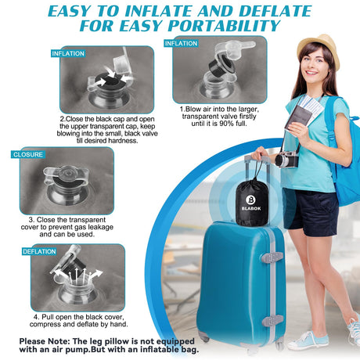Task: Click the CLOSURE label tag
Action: (x=28, y=154)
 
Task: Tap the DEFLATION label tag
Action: (x=39, y=251)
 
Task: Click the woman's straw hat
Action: (x=319, y=49)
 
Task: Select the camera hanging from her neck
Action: (x=286, y=160)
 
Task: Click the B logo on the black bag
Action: (x=250, y=200)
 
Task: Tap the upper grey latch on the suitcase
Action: (x=272, y=257)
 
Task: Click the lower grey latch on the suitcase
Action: (x=273, y=320)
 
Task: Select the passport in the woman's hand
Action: (x=298, y=118)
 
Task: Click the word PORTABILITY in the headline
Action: (x=224, y=26)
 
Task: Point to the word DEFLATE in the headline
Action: (x=275, y=11)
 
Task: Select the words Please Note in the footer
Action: (x=45, y=341)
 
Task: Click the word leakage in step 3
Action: (x=101, y=227)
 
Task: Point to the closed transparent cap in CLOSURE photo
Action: (x=67, y=174)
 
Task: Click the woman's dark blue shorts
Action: (x=311, y=213)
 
